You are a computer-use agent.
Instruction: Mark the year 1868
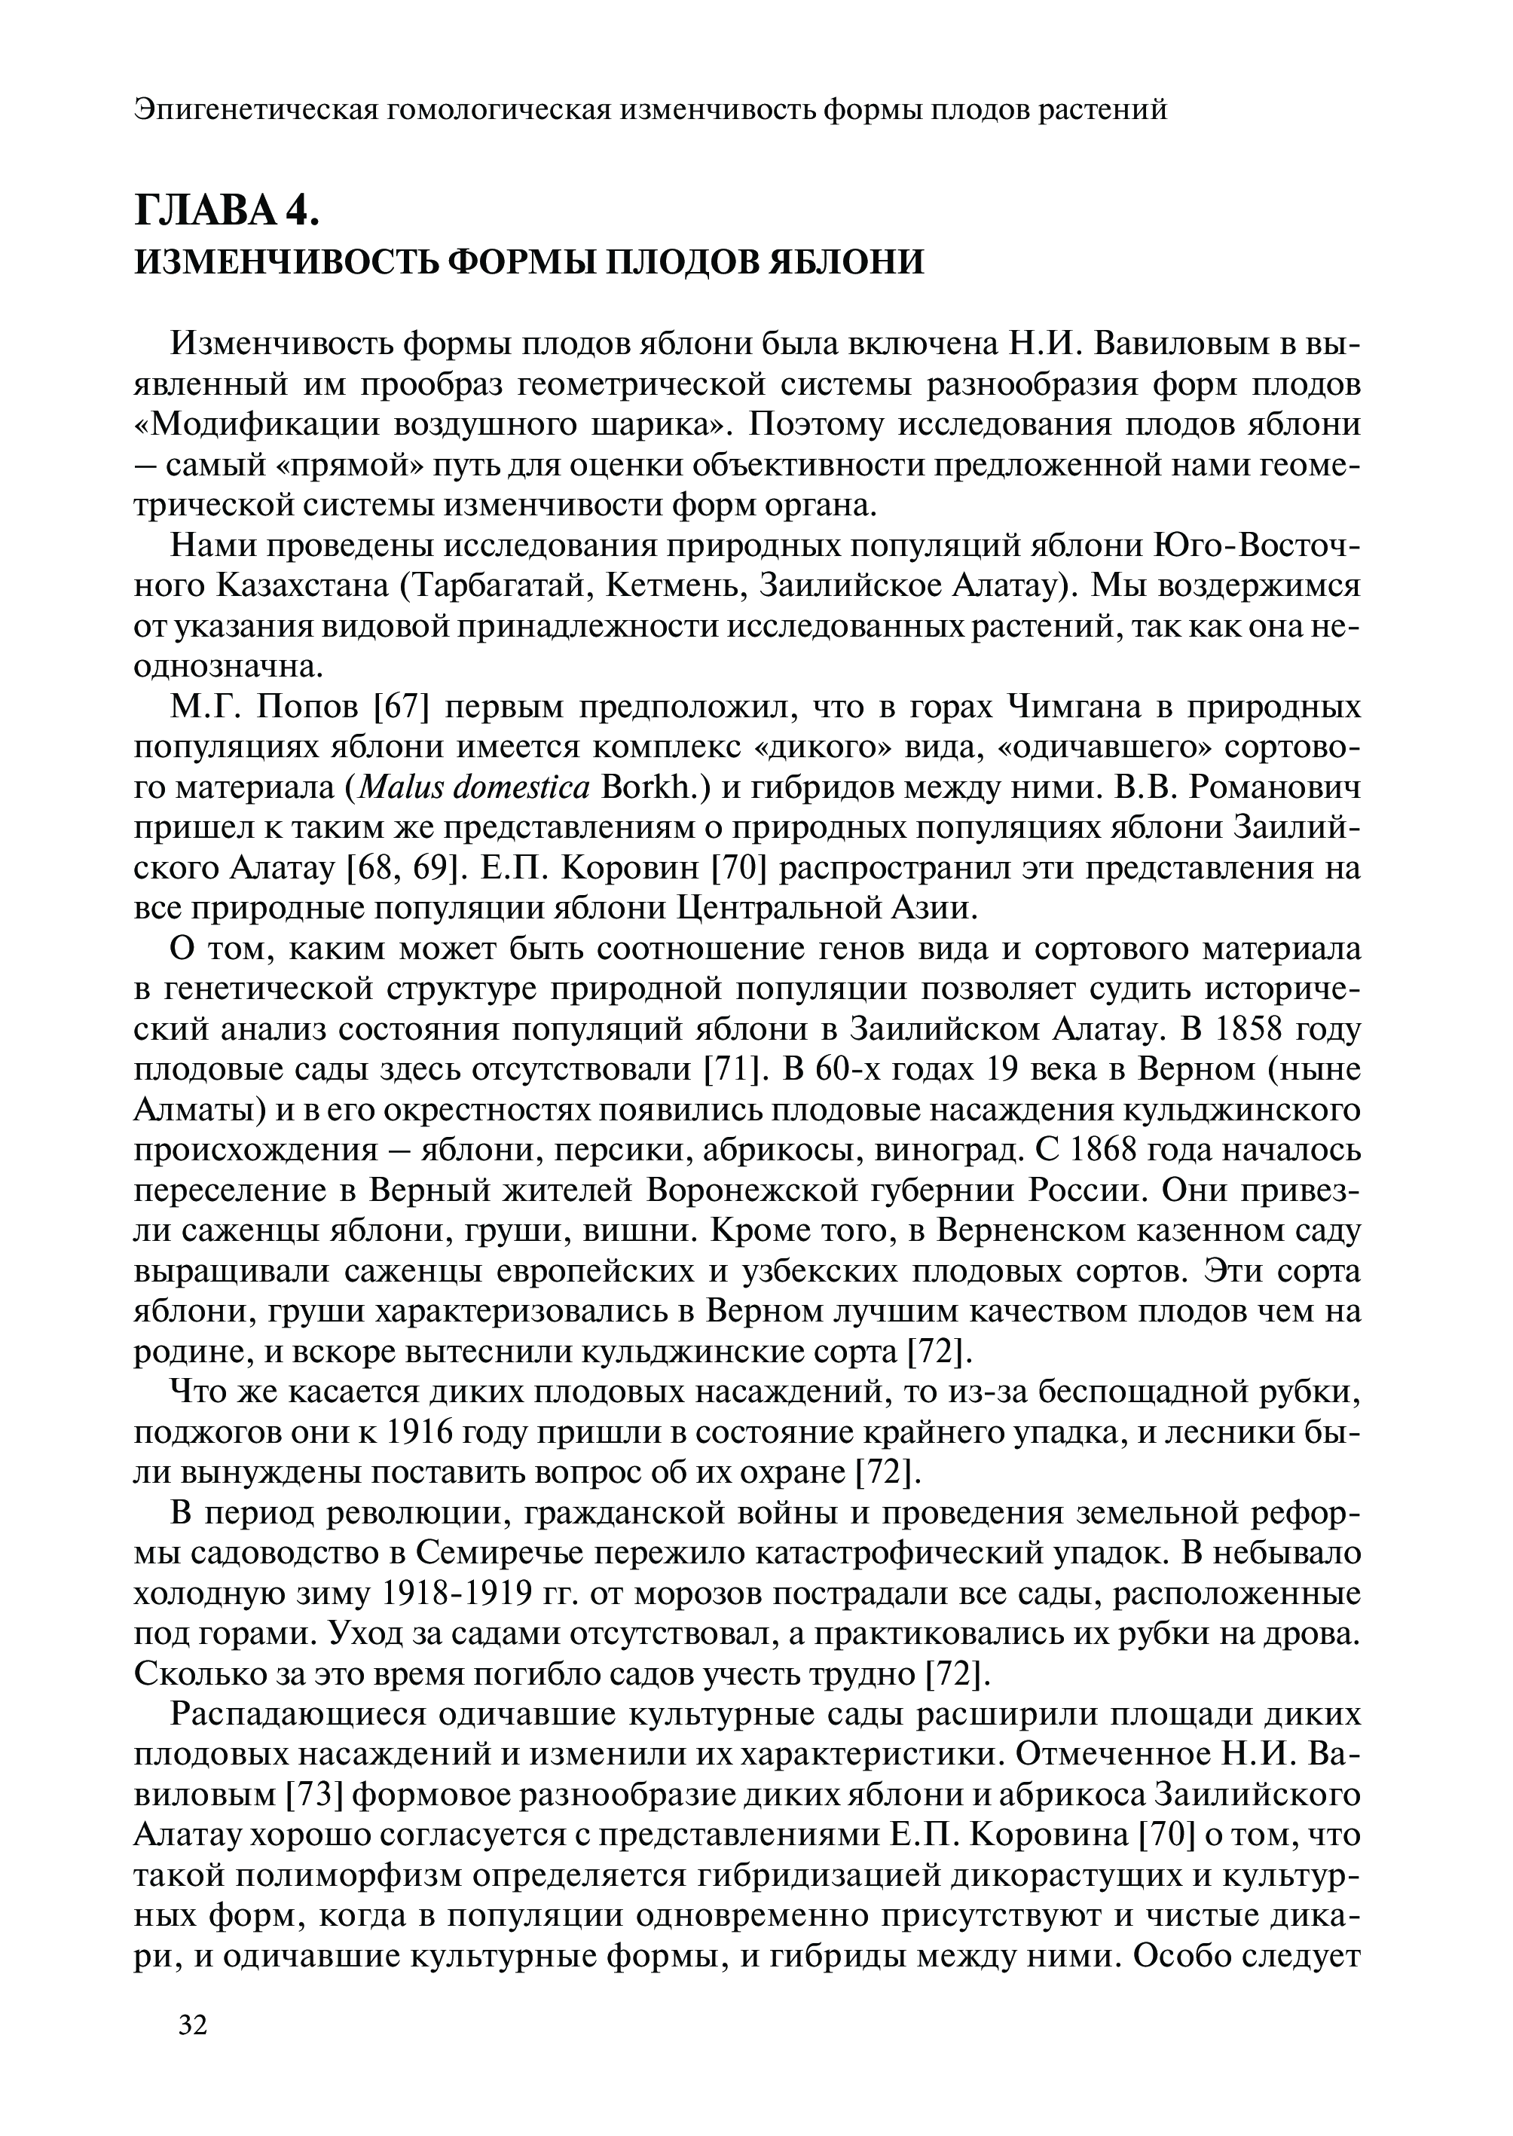(x=1108, y=1151)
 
